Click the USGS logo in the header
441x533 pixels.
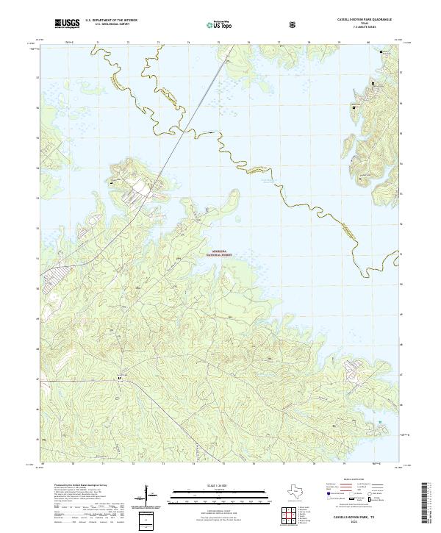click(67, 24)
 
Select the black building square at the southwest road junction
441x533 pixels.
click(121, 379)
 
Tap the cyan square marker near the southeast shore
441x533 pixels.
click(379, 422)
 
